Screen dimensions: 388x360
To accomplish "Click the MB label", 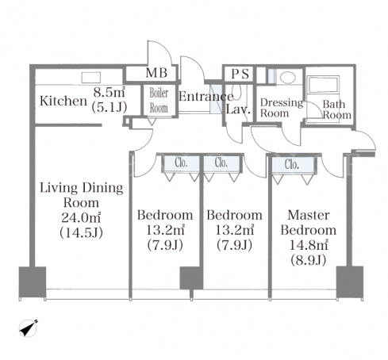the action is tap(156, 73).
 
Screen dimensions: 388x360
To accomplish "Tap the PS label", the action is tap(240, 74).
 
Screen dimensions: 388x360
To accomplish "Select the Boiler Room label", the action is tap(159, 100).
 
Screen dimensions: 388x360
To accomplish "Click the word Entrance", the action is tap(206, 97).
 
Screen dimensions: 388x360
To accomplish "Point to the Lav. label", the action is tap(238, 109).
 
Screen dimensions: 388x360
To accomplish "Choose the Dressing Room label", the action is tap(282, 108).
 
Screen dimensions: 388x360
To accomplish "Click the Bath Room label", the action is tap(336, 109).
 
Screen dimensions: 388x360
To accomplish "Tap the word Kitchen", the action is tap(63, 101).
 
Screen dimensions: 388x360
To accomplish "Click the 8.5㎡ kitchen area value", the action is tap(109, 93).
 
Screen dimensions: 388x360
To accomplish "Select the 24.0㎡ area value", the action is tap(81, 218).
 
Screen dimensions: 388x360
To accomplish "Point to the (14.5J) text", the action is tap(81, 232).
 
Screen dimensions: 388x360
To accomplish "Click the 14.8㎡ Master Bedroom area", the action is tap(309, 245).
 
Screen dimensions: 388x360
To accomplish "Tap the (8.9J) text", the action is tap(309, 260).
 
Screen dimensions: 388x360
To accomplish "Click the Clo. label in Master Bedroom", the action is tap(292, 164).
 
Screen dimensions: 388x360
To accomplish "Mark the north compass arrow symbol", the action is tap(29, 328).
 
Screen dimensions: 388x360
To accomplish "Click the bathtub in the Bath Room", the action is tap(323, 84).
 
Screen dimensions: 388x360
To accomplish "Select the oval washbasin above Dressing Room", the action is tap(288, 78).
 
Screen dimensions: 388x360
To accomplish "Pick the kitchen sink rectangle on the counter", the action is tap(91, 78).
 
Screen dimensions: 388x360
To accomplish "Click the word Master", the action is tap(309, 215).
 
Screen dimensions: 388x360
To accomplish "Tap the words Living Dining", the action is tap(81, 188).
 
